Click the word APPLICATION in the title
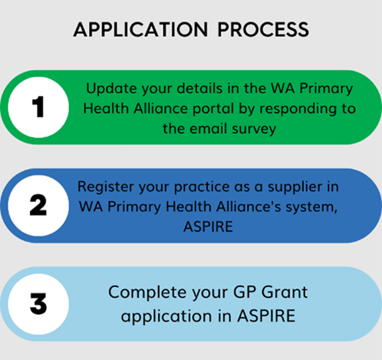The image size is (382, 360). pyautogui.click(x=140, y=29)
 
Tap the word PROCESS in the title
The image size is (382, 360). pyautogui.click(x=263, y=29)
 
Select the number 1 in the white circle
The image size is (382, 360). pyautogui.click(x=38, y=107)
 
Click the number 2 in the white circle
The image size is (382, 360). pyautogui.click(x=38, y=205)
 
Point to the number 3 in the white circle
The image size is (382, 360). pyautogui.click(x=38, y=303)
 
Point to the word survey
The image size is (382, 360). pyautogui.click(x=254, y=129)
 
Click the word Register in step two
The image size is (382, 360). pyautogui.click(x=106, y=187)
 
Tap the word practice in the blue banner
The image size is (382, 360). pyautogui.click(x=202, y=187)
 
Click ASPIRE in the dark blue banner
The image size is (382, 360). pyautogui.click(x=208, y=226)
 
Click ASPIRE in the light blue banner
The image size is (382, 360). pyautogui.click(x=266, y=315)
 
